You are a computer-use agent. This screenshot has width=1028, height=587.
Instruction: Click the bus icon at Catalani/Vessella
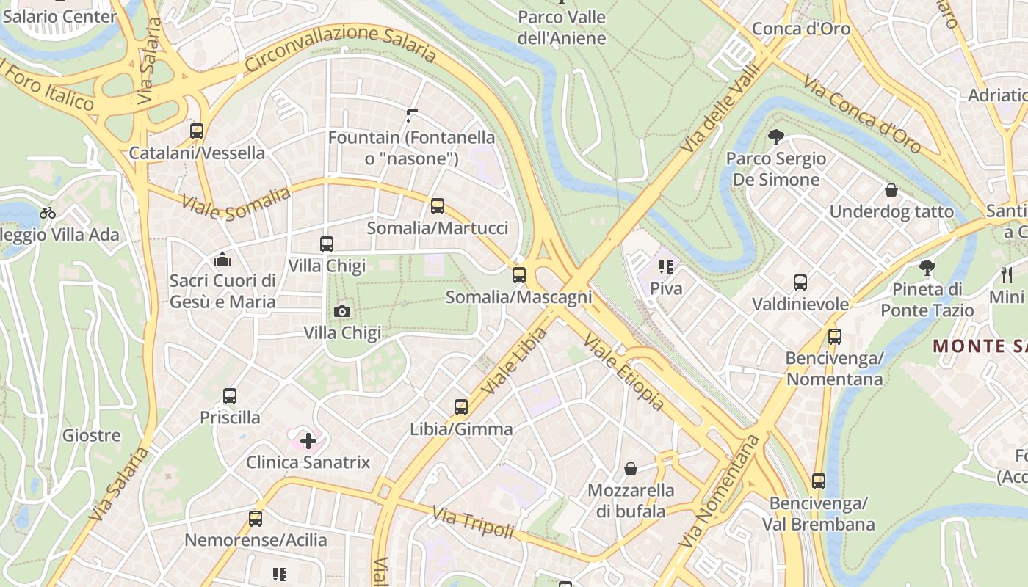pyautogui.click(x=197, y=131)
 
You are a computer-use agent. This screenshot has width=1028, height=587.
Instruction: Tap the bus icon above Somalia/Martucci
pyautogui.click(x=438, y=206)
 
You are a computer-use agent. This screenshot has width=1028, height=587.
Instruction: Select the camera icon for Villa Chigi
pyautogui.click(x=341, y=312)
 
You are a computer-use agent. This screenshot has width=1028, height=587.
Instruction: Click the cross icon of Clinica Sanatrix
pyautogui.click(x=308, y=441)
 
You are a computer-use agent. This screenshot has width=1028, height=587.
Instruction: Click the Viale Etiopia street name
pyautogui.click(x=624, y=373)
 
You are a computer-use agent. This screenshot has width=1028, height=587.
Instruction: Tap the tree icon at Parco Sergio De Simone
pyautogui.click(x=775, y=137)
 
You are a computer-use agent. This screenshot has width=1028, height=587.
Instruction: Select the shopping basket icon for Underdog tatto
pyautogui.click(x=891, y=191)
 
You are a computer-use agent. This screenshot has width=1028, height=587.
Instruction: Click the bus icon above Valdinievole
pyautogui.click(x=800, y=282)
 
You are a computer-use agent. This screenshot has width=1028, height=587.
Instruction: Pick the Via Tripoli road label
pyautogui.click(x=473, y=522)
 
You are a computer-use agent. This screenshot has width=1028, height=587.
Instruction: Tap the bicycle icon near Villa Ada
pyautogui.click(x=48, y=214)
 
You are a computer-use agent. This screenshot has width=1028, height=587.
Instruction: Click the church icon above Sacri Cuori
pyautogui.click(x=222, y=259)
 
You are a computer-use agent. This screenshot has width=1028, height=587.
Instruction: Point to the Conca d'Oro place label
pyautogui.click(x=801, y=29)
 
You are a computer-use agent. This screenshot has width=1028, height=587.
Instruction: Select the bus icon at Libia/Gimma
pyautogui.click(x=461, y=407)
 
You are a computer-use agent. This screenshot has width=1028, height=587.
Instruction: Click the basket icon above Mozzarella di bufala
pyautogui.click(x=630, y=469)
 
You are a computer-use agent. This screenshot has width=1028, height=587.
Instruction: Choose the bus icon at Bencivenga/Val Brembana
pyautogui.click(x=819, y=482)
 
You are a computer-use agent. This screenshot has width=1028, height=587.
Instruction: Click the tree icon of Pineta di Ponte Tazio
pyautogui.click(x=927, y=268)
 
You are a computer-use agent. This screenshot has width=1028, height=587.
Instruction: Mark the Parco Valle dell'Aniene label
pyautogui.click(x=562, y=27)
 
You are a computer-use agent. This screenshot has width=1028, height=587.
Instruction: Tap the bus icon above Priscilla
pyautogui.click(x=230, y=396)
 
